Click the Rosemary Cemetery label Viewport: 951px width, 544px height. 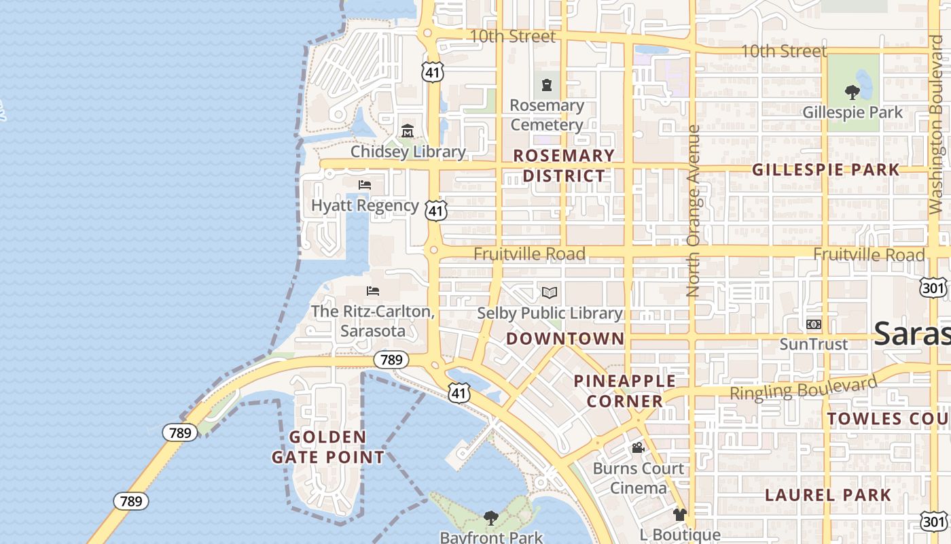click(547, 115)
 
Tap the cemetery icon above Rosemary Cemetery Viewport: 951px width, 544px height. click(547, 86)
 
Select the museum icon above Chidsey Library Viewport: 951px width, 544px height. click(408, 131)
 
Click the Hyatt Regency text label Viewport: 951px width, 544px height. click(365, 205)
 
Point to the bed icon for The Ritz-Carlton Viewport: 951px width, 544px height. click(372, 291)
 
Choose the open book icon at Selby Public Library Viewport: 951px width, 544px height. click(550, 293)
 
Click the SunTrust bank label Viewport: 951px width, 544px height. click(813, 344)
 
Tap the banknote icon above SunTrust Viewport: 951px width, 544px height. click(813, 324)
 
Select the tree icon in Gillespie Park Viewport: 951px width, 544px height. click(852, 92)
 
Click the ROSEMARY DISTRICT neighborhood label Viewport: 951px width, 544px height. click(563, 165)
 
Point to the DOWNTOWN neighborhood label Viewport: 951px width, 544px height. click(565, 339)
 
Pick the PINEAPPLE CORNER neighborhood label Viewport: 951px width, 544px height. click(625, 391)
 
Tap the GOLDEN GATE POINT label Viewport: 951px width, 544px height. click(328, 447)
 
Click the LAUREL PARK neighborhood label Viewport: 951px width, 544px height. click(828, 495)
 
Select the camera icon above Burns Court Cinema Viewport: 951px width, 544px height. click(638, 447)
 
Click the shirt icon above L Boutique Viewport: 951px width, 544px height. click(680, 515)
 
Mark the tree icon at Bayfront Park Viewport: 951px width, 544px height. click(490, 518)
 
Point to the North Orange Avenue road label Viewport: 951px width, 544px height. click(693, 211)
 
